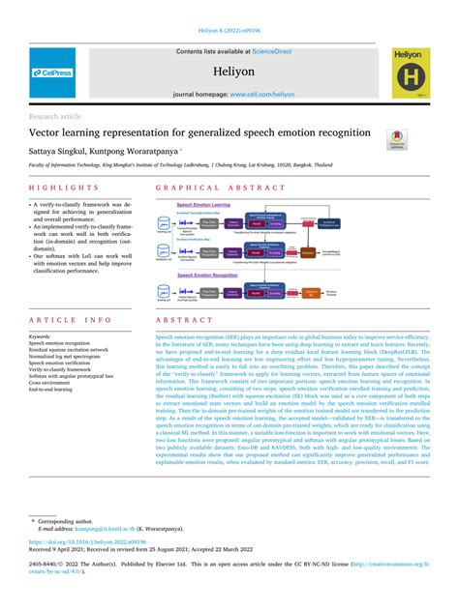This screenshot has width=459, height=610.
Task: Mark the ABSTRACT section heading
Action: pyautogui.click(x=178, y=319)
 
